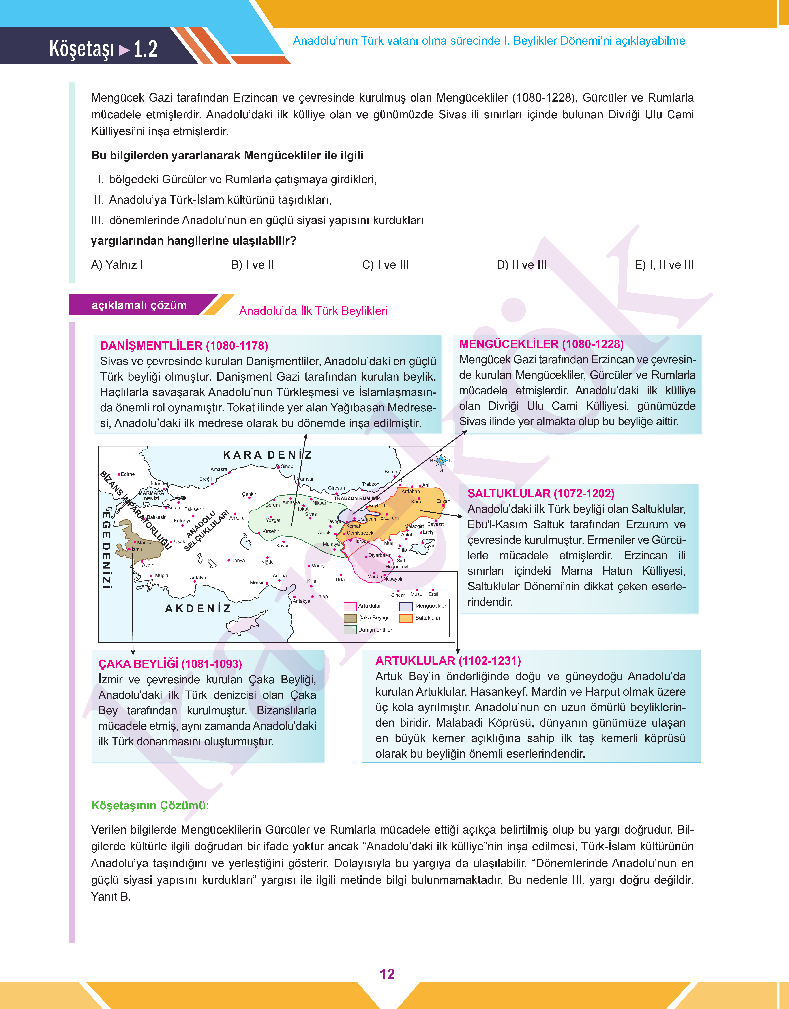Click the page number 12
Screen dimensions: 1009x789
(387, 974)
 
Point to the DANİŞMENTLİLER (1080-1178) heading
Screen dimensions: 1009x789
(184, 346)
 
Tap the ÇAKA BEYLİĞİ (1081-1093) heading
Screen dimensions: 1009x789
(170, 664)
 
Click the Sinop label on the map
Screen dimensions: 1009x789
(287, 466)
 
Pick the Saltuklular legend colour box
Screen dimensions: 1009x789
(406, 618)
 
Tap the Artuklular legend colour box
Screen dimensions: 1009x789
(350, 606)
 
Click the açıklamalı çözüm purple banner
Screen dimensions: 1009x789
(139, 305)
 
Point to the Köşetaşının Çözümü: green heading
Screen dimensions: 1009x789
(150, 806)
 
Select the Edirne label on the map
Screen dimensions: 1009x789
(127, 474)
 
